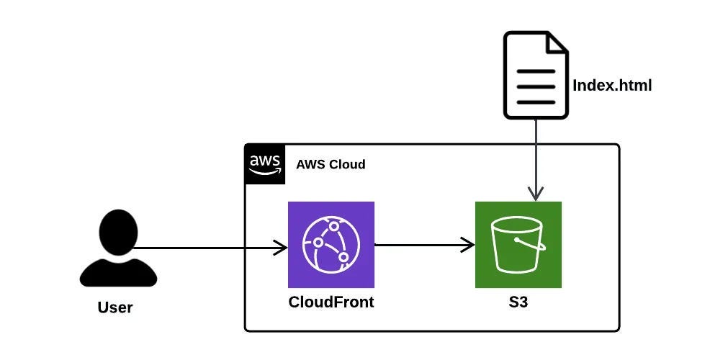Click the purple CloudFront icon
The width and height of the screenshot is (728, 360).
pos(331,245)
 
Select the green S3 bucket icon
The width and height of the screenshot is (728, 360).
pos(518,245)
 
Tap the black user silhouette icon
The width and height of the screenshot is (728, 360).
pos(118,248)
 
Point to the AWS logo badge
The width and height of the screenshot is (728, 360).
pos(264,164)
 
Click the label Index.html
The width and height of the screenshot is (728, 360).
pos(611,86)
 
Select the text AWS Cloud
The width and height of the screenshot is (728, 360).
pos(331,164)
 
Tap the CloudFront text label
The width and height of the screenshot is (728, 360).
pos(331,302)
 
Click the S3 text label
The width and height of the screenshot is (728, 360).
pos(518,302)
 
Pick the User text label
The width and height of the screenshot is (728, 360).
pos(115,308)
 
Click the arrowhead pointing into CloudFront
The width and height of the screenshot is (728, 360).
pos(281,248)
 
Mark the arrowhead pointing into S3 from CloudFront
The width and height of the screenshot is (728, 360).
pos(468,245)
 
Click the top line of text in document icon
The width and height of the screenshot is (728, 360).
pos(536,71)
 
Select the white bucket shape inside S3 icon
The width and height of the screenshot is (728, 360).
pos(516,245)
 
